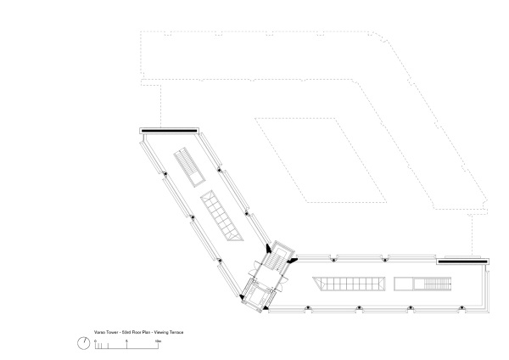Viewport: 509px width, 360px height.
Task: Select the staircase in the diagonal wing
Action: [189, 166]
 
